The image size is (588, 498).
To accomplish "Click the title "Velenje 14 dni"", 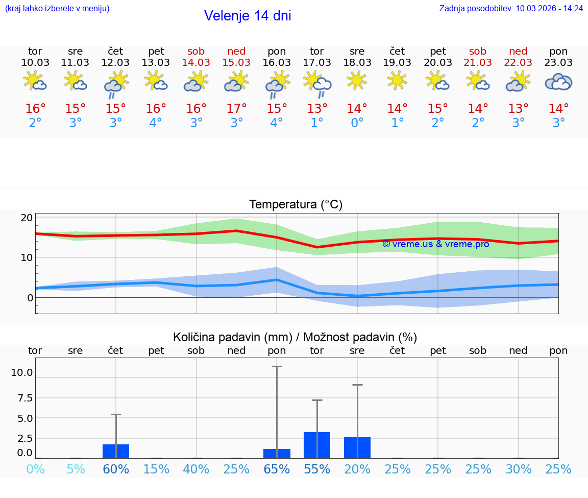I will (248, 16).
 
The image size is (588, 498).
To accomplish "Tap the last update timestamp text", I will (511, 8).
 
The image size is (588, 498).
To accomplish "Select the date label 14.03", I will (196, 63).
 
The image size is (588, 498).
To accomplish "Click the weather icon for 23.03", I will (558, 82).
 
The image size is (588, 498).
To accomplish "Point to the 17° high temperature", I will (236, 109).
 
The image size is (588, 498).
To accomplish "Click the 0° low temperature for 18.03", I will (357, 123).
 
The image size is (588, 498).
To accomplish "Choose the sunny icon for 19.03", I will (397, 80).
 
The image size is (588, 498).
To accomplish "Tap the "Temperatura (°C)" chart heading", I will (296, 205).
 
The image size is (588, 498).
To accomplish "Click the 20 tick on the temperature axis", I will (27, 218).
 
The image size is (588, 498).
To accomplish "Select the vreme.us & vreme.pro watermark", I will (435, 244).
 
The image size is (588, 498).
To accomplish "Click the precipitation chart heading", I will (295, 337).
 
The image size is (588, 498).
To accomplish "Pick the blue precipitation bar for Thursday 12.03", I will (116, 452).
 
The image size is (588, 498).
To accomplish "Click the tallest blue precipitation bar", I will (317, 445).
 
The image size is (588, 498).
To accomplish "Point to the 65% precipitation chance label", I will (277, 469).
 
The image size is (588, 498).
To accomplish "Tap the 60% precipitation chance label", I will (116, 469).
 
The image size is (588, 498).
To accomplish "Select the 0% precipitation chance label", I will (35, 469).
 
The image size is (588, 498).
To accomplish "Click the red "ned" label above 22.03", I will (518, 52).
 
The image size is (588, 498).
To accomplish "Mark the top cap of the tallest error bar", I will (277, 366).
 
